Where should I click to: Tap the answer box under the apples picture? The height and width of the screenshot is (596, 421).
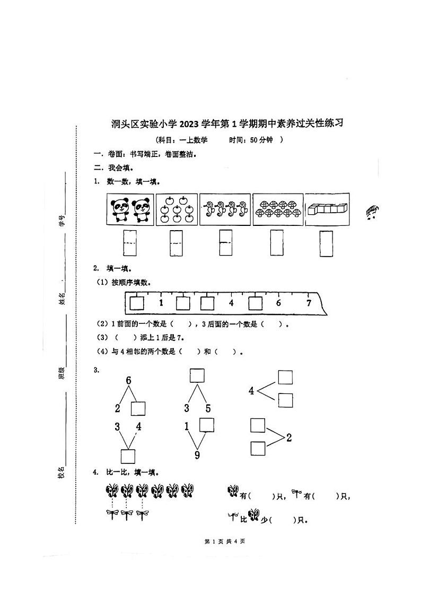[176, 243]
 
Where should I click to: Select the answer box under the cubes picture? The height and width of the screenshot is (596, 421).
[326, 243]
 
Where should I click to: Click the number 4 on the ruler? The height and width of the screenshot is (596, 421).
[231, 303]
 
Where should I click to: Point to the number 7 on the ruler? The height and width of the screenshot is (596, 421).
[309, 303]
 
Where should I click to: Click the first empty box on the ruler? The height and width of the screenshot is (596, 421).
[137, 303]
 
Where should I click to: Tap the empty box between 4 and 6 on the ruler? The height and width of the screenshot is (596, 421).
[256, 303]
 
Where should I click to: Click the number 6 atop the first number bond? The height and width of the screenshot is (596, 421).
[128, 380]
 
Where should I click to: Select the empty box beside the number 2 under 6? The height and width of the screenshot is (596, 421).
[138, 408]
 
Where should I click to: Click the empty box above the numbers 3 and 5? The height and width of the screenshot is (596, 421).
[197, 375]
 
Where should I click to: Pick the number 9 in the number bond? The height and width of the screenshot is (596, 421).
[197, 455]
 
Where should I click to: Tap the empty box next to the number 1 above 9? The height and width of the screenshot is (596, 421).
[206, 425]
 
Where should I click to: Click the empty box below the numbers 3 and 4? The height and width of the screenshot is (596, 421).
[128, 456]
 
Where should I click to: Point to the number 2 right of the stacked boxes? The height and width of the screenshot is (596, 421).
[289, 437]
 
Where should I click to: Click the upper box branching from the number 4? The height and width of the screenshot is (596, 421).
[286, 377]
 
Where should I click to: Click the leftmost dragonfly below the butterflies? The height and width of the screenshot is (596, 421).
[112, 514]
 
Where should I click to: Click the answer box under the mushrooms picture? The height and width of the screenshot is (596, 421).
[277, 242]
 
